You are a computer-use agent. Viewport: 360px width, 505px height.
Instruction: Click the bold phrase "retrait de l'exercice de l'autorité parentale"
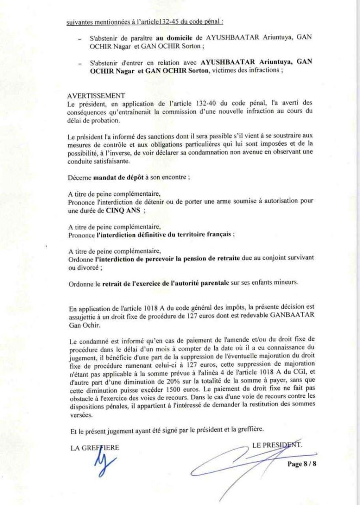coord(166,283)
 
